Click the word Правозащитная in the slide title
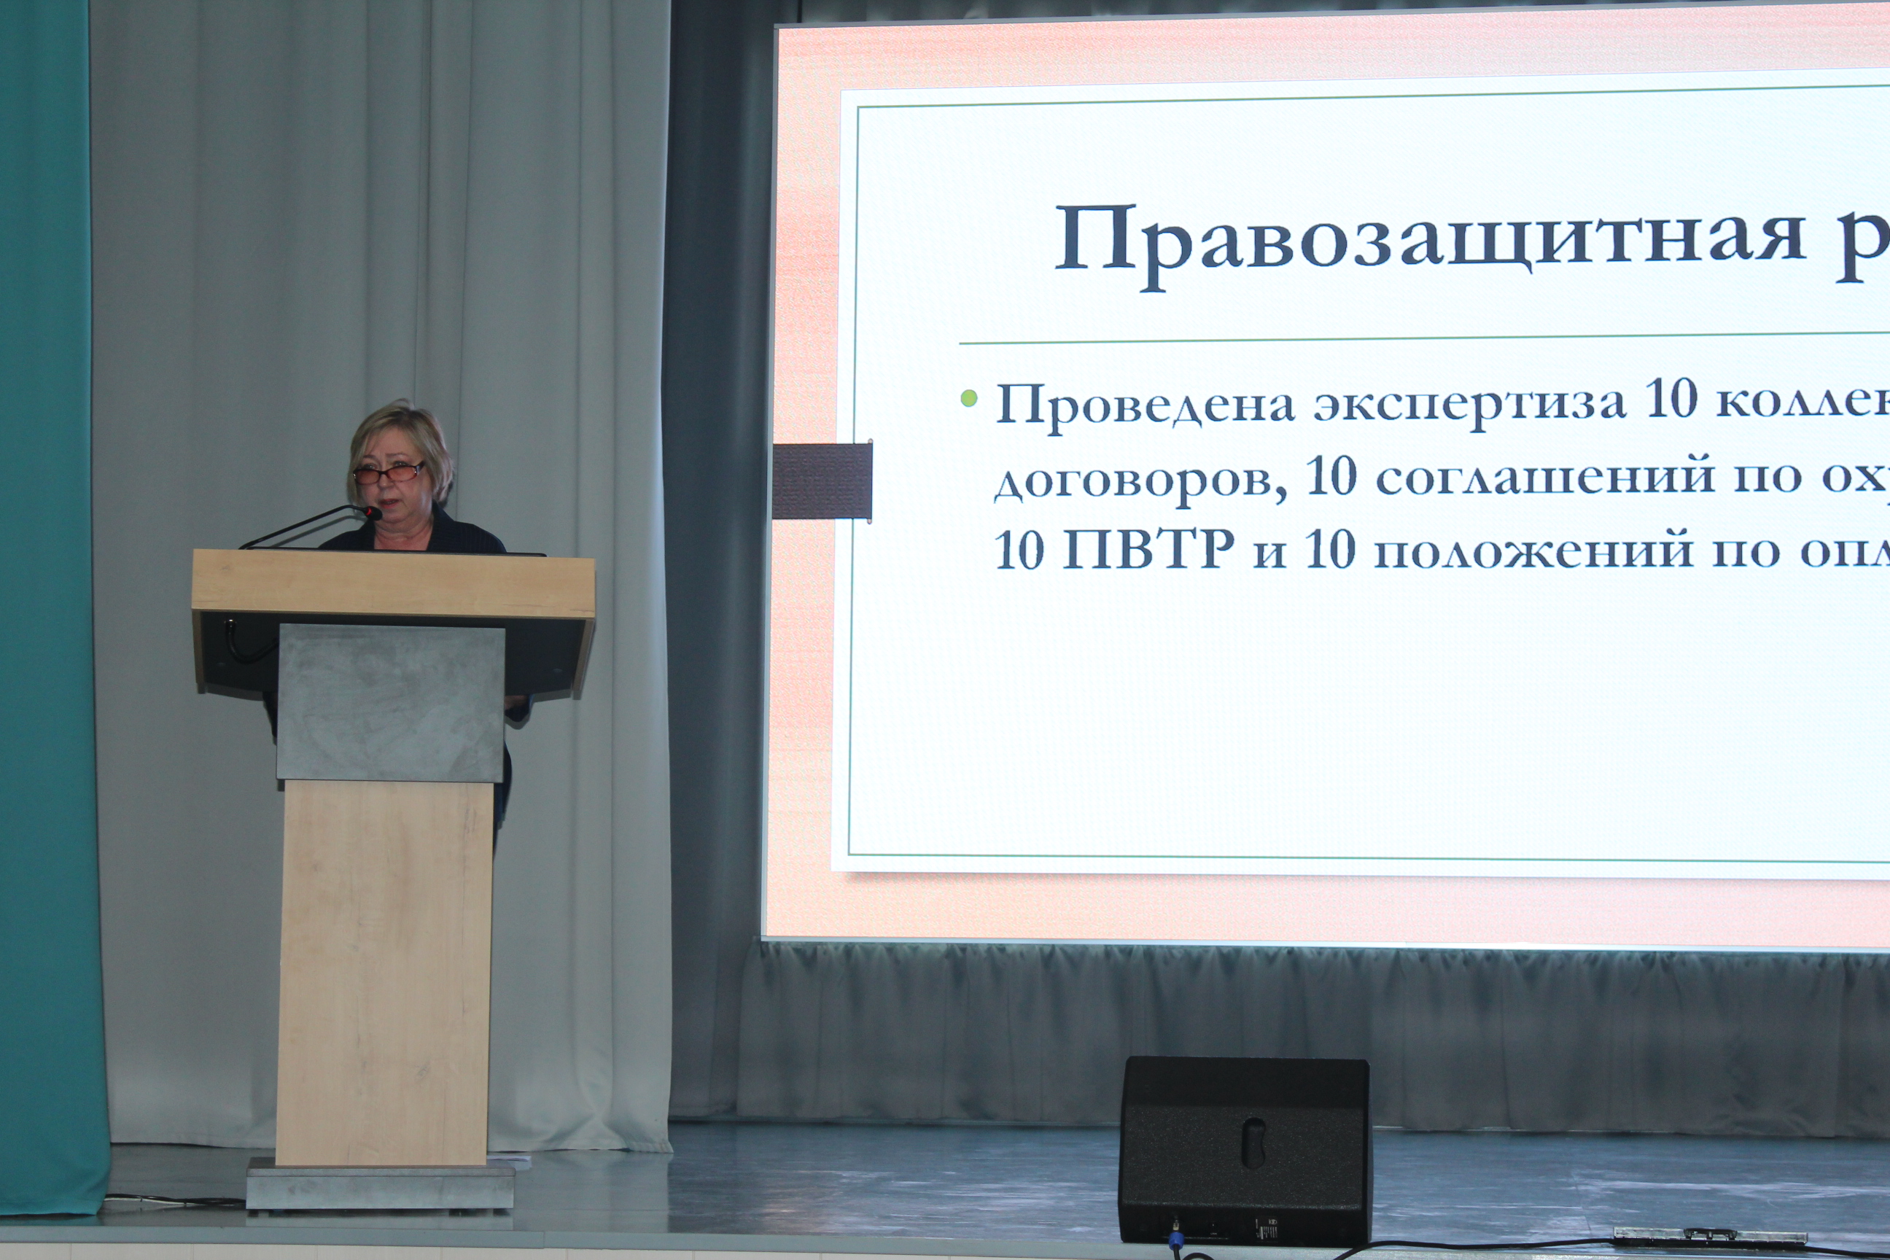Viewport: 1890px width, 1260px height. point(1431,242)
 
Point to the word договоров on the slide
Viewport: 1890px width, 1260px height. point(1141,481)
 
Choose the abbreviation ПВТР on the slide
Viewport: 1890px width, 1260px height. point(1148,551)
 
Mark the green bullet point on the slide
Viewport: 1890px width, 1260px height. point(969,398)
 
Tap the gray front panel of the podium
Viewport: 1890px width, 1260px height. point(391,703)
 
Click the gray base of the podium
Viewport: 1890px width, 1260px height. point(380,1183)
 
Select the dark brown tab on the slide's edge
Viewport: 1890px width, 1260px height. point(822,481)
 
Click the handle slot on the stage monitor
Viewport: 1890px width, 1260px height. point(1253,1142)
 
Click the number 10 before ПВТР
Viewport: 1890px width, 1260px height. point(1019,551)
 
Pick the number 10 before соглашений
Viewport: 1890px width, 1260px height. point(1331,477)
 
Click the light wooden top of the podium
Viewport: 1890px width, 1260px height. point(394,583)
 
